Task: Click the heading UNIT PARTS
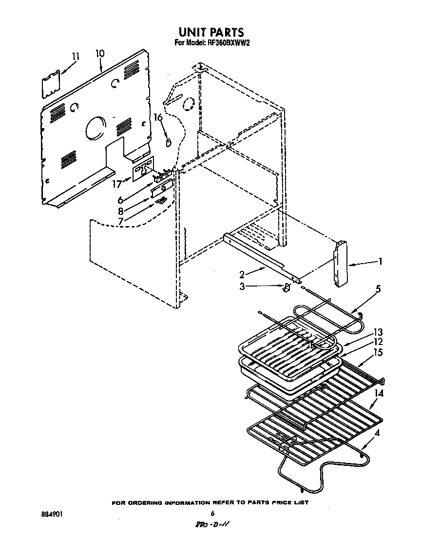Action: pos(210,33)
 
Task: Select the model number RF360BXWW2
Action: pos(226,43)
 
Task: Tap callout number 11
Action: pos(75,57)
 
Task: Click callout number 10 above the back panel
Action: pos(99,53)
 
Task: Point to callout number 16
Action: pos(158,117)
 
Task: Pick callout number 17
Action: pos(116,184)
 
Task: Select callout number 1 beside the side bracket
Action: pos(380,262)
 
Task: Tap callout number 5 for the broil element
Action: pos(378,289)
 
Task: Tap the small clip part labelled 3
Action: pos(287,287)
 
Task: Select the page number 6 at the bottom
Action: pos(212,513)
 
